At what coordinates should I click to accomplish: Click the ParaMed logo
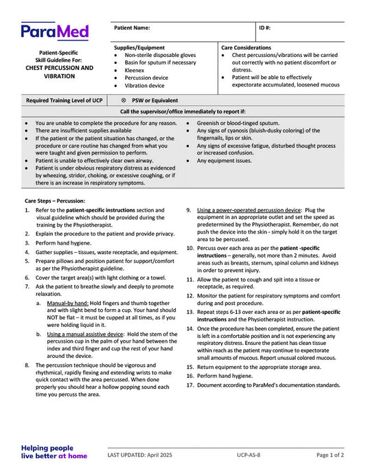pyautogui.click(x=54, y=31)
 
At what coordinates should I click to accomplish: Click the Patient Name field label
pyautogui.click(x=132, y=28)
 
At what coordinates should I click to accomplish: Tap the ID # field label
pyautogui.click(x=265, y=28)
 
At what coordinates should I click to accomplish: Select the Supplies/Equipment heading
pyautogui.click(x=139, y=47)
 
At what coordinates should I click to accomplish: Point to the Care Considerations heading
pyautogui.click(x=247, y=47)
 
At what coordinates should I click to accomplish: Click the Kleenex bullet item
pyautogui.click(x=135, y=70)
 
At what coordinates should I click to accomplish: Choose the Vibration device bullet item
pyautogui.click(x=145, y=85)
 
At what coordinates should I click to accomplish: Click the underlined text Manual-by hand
pyautogui.click(x=70, y=302)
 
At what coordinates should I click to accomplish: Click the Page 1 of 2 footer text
pyautogui.click(x=330, y=455)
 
